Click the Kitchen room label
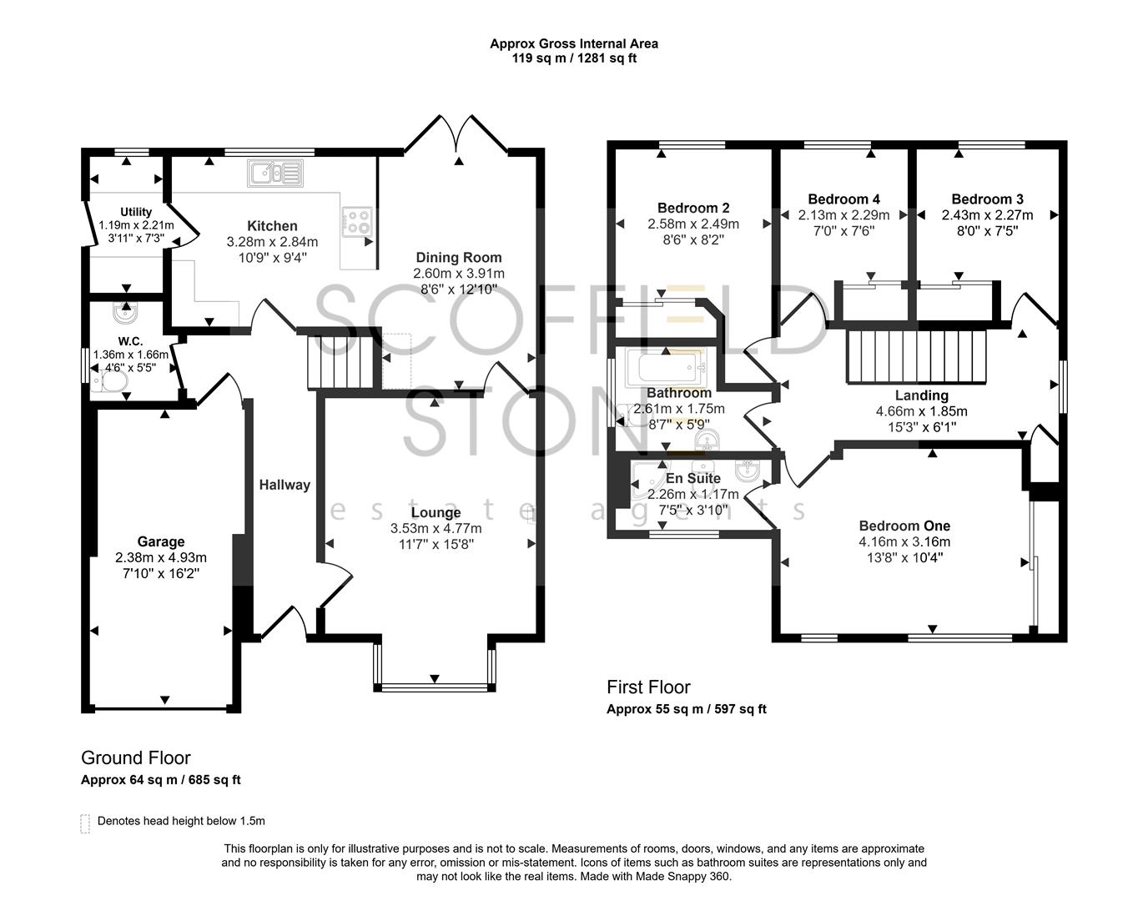[272, 226]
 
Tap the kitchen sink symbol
[274, 174]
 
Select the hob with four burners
[358, 220]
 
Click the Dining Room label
[459, 258]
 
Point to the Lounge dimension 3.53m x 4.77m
[436, 528]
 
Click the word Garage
[161, 542]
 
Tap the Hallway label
[284, 485]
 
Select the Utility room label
[136, 212]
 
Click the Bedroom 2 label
[693, 208]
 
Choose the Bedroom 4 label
[843, 199]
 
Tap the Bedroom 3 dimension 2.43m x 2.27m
[987, 215]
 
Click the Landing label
[921, 395]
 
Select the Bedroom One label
[904, 526]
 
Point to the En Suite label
[692, 479]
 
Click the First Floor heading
[648, 687]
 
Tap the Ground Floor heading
[135, 758]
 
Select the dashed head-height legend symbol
[85, 823]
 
